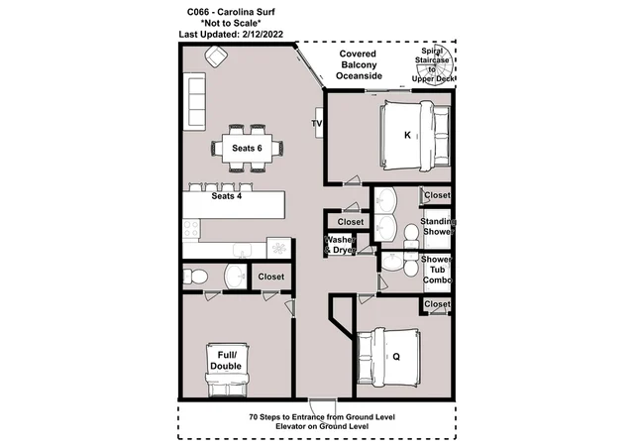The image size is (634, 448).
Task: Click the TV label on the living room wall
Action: (x=317, y=123)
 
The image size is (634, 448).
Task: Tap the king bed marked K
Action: (x=415, y=136)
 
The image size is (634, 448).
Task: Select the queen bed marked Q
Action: (x=388, y=357)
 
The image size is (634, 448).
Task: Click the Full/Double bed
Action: (x=227, y=370)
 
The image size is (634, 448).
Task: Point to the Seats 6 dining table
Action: (x=247, y=148)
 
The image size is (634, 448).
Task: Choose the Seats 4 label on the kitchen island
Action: (x=227, y=196)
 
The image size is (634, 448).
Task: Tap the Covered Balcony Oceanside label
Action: (x=359, y=64)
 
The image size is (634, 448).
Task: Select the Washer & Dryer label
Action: (x=340, y=245)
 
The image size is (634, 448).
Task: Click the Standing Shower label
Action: (x=438, y=227)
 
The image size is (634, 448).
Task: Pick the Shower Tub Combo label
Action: (x=437, y=270)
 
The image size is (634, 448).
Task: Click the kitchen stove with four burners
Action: (x=191, y=229)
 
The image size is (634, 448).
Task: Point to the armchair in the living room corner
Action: (x=216, y=56)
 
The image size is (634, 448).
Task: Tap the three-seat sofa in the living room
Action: (x=194, y=101)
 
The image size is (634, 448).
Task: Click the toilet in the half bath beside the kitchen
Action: (x=196, y=278)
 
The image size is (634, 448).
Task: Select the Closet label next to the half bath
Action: (x=270, y=277)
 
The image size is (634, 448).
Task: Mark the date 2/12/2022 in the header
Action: (x=263, y=35)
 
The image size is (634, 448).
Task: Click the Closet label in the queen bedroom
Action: (x=437, y=304)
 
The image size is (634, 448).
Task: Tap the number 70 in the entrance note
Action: (x=254, y=417)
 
